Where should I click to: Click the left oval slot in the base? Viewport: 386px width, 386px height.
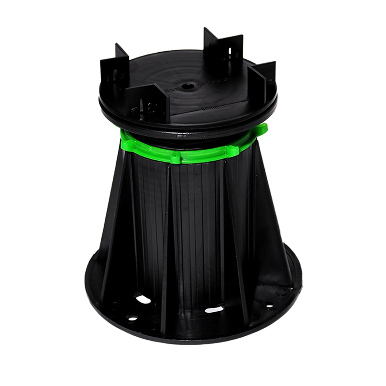pos(143,299)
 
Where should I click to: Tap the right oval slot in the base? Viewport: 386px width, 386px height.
pos(214,309)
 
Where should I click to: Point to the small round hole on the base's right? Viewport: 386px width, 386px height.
pos(268,305)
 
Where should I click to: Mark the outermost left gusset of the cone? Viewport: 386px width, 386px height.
pos(109,241)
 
